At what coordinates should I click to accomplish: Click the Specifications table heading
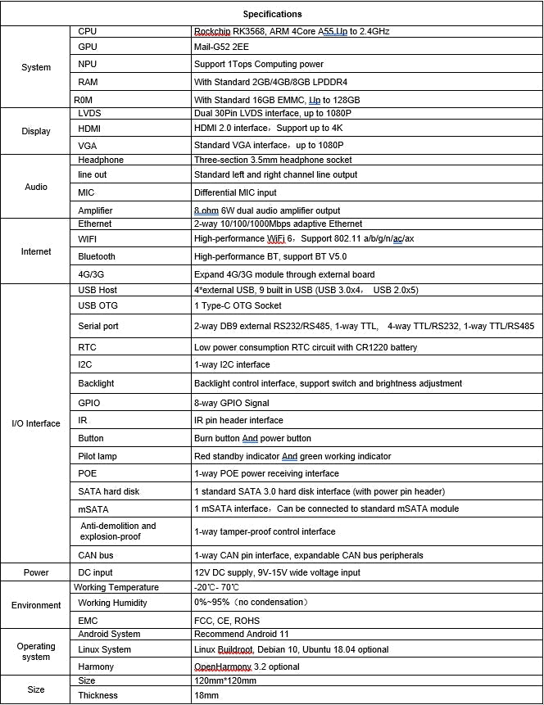click(272, 14)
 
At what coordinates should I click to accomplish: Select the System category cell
click(36, 68)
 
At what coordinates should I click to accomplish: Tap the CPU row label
click(87, 31)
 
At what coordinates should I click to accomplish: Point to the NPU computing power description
click(258, 64)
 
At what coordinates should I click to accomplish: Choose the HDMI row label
click(89, 129)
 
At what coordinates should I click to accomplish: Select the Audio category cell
click(36, 186)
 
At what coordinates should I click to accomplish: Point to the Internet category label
click(36, 251)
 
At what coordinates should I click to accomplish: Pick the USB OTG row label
click(97, 305)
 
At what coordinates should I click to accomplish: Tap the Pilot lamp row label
click(97, 456)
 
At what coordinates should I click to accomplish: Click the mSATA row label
click(91, 508)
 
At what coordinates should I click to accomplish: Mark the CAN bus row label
click(95, 555)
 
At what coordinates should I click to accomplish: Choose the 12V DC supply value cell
click(277, 572)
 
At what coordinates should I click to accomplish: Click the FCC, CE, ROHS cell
click(227, 621)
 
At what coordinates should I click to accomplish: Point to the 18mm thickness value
click(206, 695)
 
